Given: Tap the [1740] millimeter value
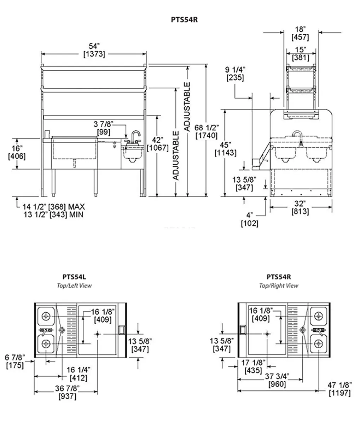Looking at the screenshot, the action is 207,136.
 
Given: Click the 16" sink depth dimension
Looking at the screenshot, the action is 17,152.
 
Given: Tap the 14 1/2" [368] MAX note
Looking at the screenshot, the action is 54,207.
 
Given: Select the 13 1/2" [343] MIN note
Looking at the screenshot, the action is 54,215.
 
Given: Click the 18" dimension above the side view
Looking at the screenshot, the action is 300,33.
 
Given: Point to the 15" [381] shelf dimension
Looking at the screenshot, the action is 301,54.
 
